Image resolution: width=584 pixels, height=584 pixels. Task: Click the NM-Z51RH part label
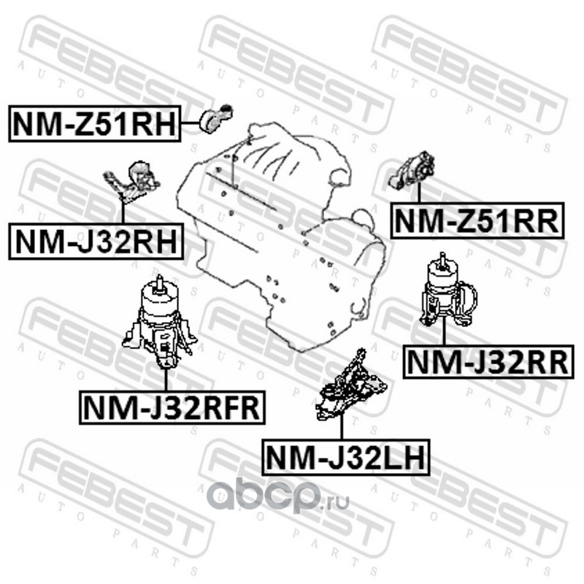[x=95, y=123]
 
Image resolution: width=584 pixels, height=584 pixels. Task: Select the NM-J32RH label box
[x=96, y=242]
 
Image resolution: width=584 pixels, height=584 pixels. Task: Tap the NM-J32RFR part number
[x=172, y=407]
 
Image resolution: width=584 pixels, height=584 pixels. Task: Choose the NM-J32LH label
[x=346, y=458]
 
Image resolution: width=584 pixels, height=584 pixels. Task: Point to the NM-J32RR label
[x=488, y=362]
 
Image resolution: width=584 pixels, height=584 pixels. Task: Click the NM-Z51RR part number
[x=477, y=220]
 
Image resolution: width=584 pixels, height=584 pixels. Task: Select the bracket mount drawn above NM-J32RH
[x=132, y=182]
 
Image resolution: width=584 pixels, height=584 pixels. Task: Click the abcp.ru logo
[x=278, y=496]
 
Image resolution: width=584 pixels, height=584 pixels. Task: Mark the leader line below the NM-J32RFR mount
[x=166, y=380]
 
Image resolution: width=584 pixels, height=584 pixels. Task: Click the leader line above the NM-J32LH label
[x=341, y=429]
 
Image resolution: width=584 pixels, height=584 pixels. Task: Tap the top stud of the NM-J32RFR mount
[x=160, y=283]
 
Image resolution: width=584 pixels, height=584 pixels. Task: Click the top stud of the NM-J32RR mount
[x=442, y=259]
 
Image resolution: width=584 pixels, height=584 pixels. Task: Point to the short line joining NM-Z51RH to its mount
[x=191, y=123]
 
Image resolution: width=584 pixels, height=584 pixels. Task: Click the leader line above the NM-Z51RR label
[x=419, y=193]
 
